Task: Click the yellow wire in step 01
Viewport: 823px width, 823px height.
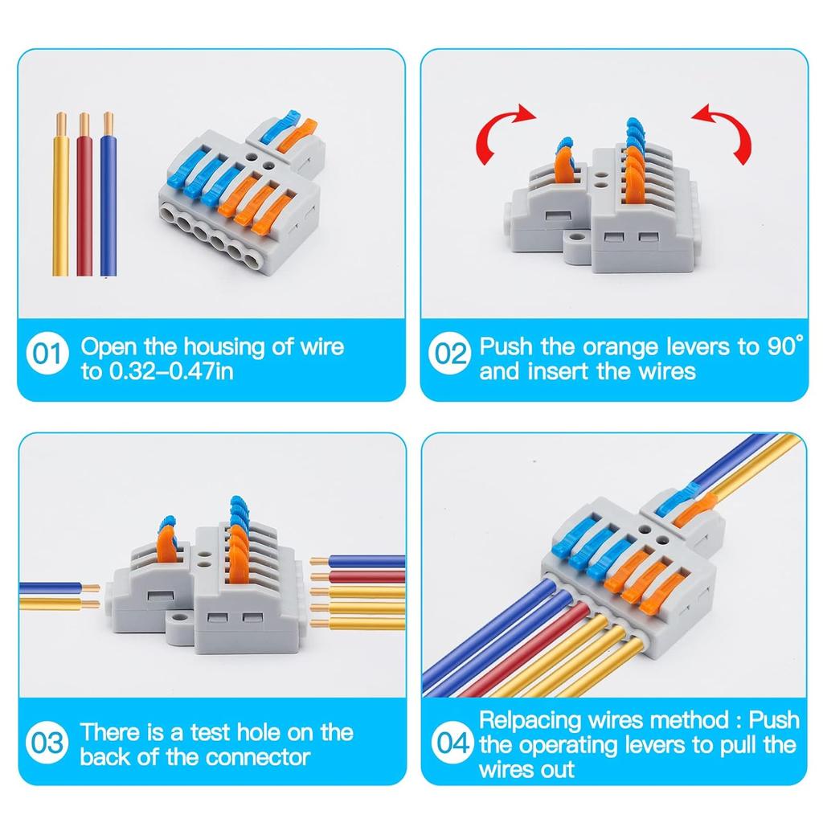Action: pos(60,209)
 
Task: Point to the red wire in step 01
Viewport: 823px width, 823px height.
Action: pos(84,209)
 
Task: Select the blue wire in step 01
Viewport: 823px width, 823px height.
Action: pos(108,209)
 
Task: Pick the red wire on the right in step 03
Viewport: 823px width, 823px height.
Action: pos(362,576)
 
